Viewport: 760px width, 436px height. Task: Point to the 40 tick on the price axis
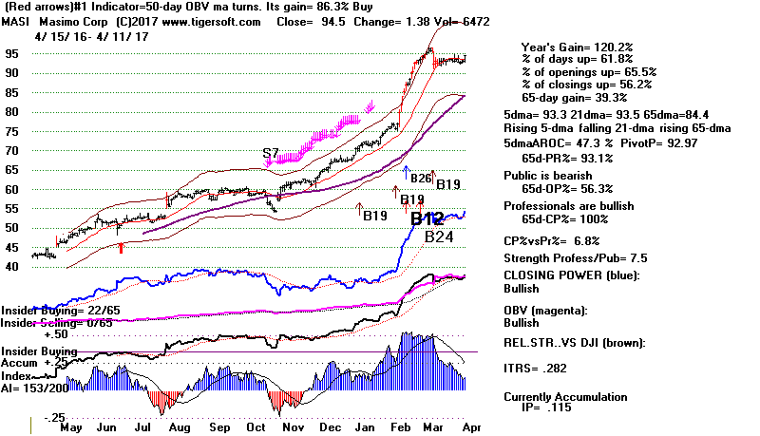pos(12,267)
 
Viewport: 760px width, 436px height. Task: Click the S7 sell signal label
pos(273,153)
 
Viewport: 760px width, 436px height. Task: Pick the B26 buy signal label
pos(422,177)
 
